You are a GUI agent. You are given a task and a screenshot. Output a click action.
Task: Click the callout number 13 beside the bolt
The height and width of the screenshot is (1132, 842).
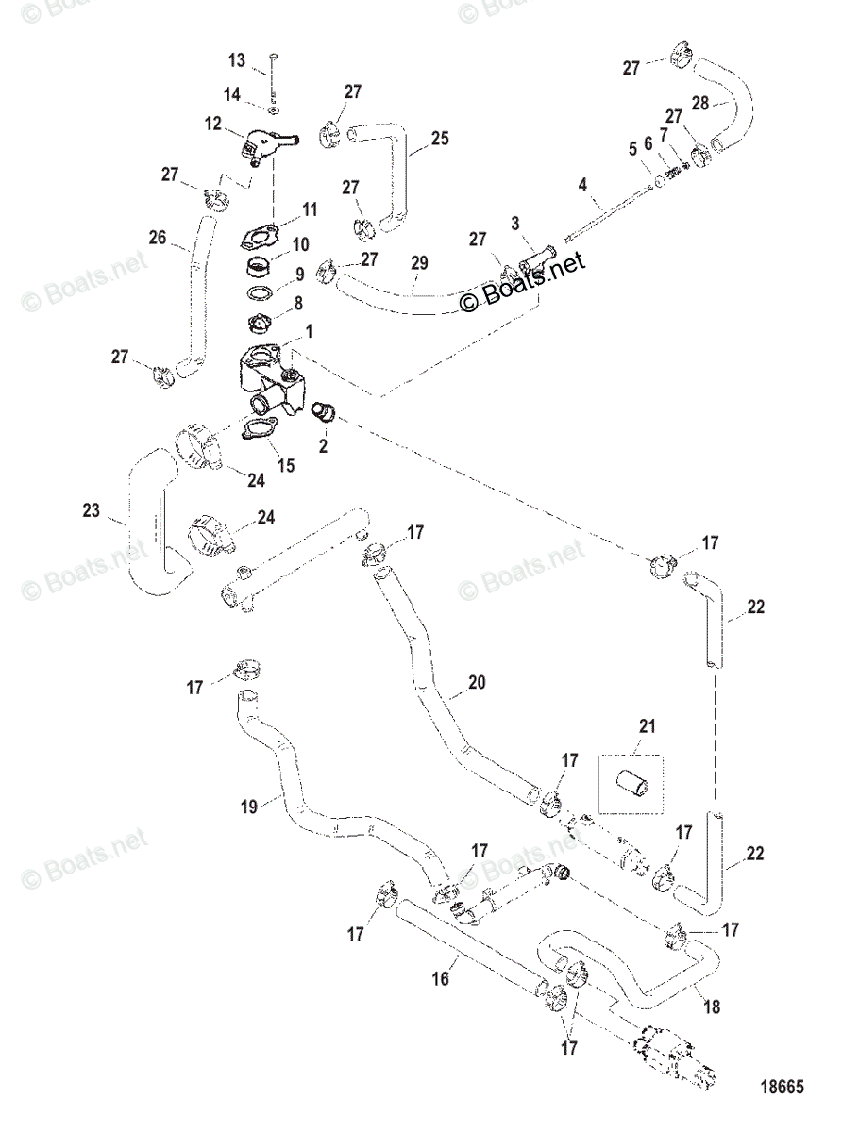click(x=235, y=61)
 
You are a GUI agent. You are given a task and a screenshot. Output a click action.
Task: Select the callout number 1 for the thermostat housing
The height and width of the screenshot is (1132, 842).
click(x=309, y=334)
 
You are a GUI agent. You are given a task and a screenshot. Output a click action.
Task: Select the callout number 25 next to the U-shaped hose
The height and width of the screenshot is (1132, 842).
click(x=439, y=139)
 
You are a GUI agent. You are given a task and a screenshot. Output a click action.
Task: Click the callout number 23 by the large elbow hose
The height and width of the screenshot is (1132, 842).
click(x=91, y=511)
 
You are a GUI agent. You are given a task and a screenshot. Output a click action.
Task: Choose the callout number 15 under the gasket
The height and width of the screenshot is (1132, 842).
click(x=285, y=464)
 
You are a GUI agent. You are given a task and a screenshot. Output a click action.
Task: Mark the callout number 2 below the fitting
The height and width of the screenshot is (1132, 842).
click(x=323, y=445)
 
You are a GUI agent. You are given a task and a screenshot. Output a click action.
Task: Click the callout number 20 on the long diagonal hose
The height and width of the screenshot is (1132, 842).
click(x=477, y=681)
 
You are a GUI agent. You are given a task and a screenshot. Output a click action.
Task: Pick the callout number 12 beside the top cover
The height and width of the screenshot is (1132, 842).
click(x=212, y=123)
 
